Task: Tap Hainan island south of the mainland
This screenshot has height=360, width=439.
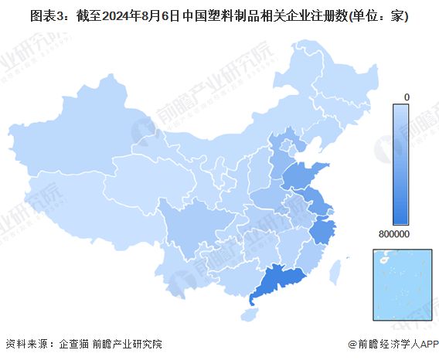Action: pos(248,314)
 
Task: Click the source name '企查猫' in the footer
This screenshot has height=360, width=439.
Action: pos(73,344)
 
